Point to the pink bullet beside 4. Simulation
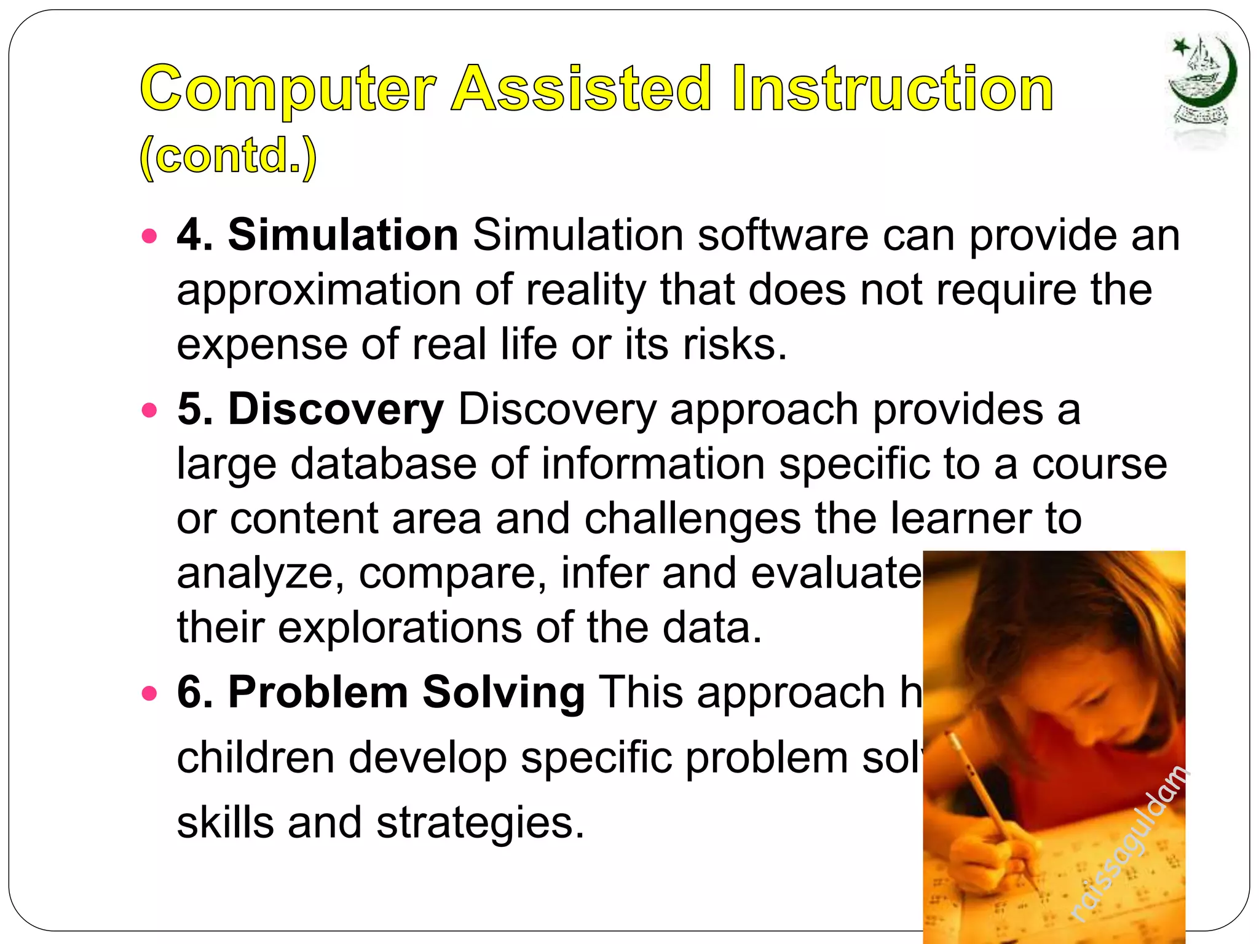pos(149,236)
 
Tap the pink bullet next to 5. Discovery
pos(149,410)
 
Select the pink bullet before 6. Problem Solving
pos(149,694)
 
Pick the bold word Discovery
pos(336,409)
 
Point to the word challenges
pos(692,519)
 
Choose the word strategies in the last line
pos(480,822)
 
